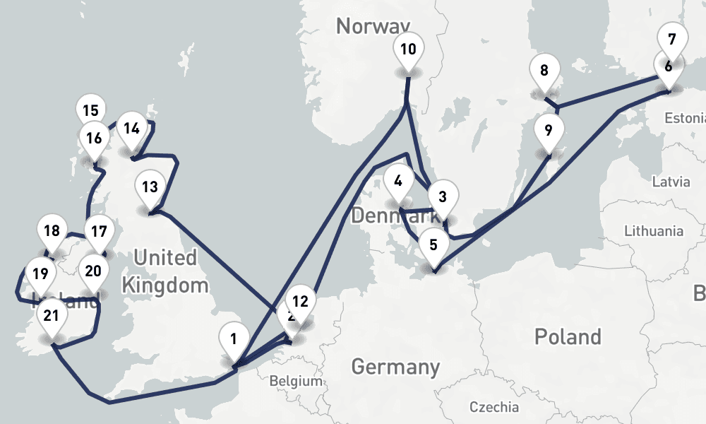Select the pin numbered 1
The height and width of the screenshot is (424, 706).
[x=233, y=340]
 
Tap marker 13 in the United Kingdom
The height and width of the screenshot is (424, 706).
[x=150, y=187]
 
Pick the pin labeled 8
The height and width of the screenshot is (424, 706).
[x=544, y=71]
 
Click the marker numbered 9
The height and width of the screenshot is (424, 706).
[x=549, y=130]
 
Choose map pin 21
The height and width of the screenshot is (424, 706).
[x=51, y=315]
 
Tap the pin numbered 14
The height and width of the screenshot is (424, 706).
[x=131, y=129]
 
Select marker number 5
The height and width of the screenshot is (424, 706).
[x=433, y=245]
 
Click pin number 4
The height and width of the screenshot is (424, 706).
[x=398, y=181]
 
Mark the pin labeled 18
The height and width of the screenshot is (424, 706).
[x=51, y=231]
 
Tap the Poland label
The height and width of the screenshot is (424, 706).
[x=568, y=336]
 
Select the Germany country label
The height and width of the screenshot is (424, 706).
[x=395, y=367]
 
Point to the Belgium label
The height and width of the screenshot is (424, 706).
[x=296, y=381]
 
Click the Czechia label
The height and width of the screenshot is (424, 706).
[x=494, y=408]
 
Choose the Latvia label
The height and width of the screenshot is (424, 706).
[x=671, y=182]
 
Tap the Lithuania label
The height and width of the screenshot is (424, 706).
[x=654, y=231]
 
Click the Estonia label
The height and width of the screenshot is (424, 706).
[x=685, y=118]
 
